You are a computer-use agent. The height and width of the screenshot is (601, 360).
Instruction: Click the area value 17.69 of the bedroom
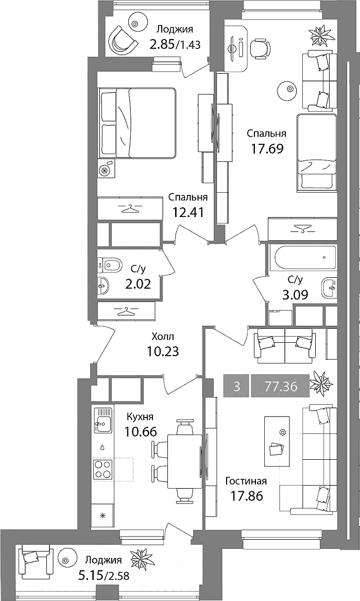click(267, 148)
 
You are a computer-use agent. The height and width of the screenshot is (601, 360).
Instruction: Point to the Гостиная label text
click(246, 481)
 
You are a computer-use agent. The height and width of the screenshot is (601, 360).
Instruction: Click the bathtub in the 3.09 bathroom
click(302, 258)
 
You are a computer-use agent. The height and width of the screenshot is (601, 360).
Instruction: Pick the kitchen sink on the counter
click(102, 420)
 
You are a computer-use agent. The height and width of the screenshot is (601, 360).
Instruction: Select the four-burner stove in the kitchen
click(102, 469)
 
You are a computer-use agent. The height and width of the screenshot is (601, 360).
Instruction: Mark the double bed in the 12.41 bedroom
click(137, 123)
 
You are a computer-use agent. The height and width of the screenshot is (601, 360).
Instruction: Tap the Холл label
click(163, 337)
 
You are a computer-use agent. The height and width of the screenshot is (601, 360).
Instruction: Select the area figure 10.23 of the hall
click(163, 351)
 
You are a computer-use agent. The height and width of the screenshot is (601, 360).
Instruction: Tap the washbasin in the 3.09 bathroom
click(330, 287)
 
